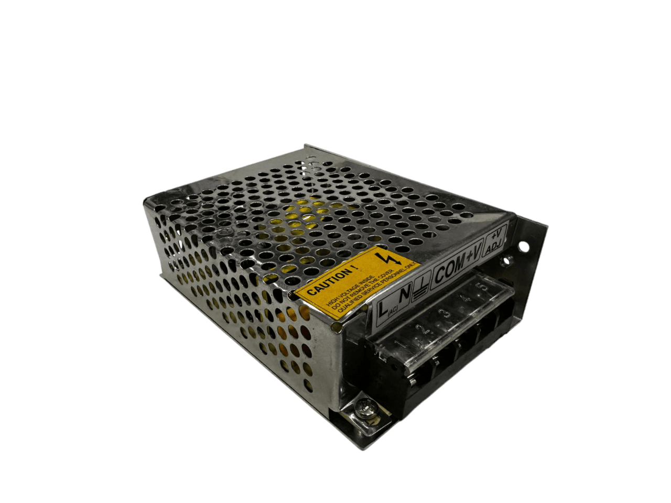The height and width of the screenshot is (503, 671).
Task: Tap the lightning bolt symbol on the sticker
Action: tap(393, 258)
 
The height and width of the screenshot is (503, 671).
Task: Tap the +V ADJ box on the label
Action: tap(495, 243)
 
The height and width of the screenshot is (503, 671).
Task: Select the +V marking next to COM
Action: tap(473, 254)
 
